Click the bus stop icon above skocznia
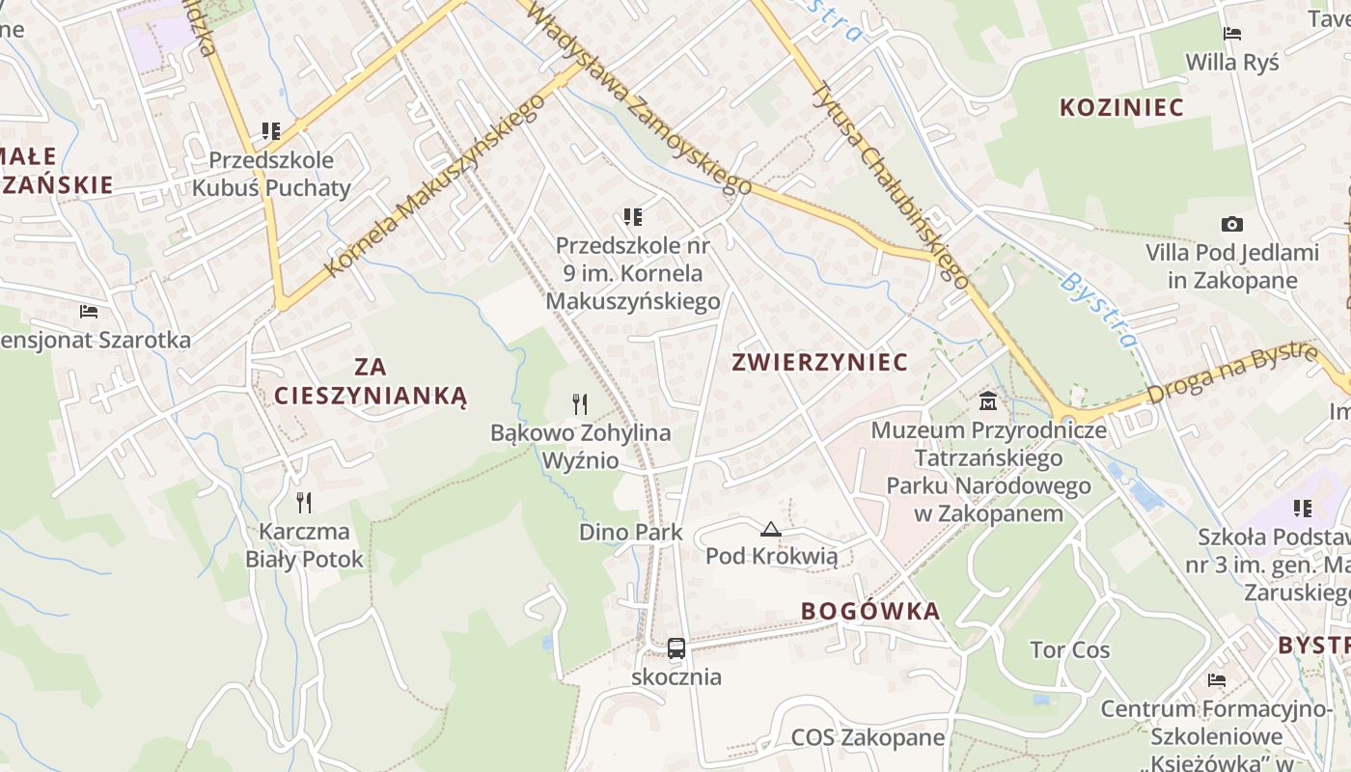pos(676,648)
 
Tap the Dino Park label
pos(630,532)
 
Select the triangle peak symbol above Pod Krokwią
pos(770,529)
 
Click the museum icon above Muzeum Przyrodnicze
pos(988,400)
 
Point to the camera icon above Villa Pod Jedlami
pos(1231,224)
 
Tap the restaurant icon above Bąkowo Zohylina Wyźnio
pos(580,403)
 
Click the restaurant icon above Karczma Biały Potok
pos(304,502)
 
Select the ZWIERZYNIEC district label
pos(819,362)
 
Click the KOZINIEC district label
pos(1121,107)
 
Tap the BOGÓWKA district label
pos(869,611)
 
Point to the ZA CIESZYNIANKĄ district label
pos(370,381)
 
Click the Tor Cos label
pos(1069,649)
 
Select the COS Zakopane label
pos(868,738)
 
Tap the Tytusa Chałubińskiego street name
pos(889,183)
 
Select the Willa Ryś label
pos(1231,63)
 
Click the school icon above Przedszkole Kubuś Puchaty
pos(270,130)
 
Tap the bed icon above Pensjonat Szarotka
pos(89,311)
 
